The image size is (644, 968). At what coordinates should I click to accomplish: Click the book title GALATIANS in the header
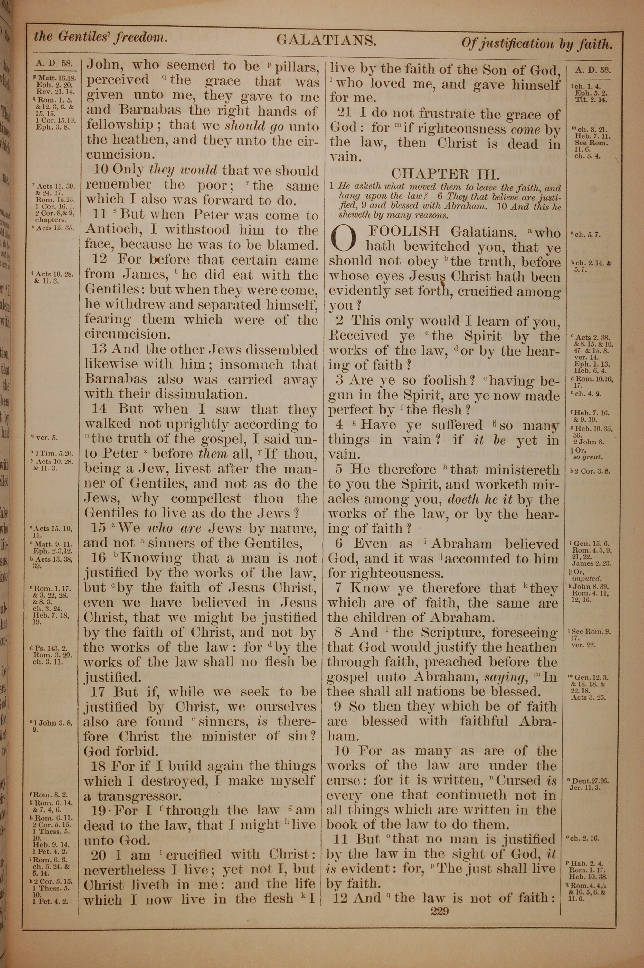coord(327,40)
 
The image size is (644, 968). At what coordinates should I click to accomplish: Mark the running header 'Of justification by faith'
coord(537,43)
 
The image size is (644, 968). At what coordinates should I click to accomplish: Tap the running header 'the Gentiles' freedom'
coord(100,37)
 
